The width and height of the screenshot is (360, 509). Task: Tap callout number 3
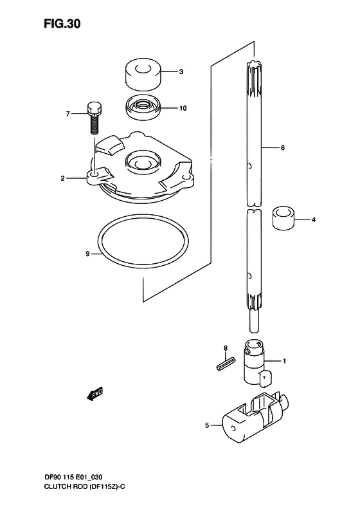[x=181, y=71]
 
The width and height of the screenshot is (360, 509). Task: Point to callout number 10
[x=183, y=108]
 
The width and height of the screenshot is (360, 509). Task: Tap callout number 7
[x=67, y=114]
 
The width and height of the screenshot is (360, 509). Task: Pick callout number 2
[x=63, y=178]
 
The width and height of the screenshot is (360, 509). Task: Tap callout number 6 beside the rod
[x=282, y=148]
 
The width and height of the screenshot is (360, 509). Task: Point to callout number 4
[x=314, y=220]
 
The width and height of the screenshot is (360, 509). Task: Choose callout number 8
[x=226, y=348]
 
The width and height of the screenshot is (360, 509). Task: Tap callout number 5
[x=206, y=425]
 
